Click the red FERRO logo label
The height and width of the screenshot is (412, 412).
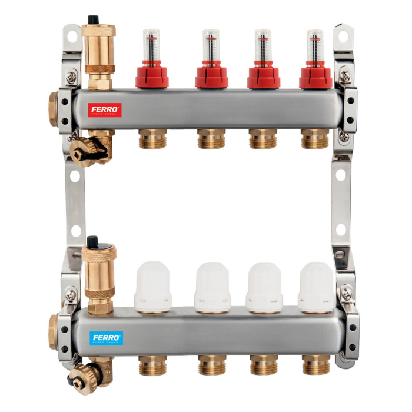105,109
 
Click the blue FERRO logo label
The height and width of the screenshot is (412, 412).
107,338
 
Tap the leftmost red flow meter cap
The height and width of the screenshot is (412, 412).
152,76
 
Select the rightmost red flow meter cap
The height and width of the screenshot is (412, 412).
315,76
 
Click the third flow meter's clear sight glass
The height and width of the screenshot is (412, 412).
263,45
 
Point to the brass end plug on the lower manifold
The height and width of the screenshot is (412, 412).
54,330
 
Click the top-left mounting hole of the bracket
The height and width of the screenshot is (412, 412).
72,36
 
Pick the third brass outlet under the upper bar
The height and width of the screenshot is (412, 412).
263,139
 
